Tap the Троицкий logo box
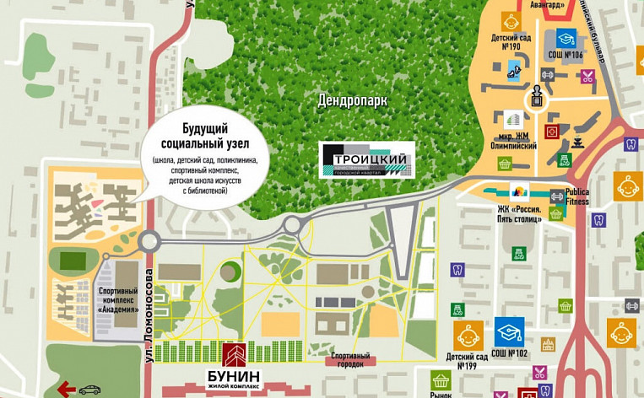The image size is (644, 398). pos(366,159)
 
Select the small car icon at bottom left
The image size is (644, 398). pos(89,390)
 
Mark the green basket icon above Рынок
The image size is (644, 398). pos(439,380)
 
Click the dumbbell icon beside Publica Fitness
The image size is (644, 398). pos(556,196)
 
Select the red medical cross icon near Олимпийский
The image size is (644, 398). pos(551,131)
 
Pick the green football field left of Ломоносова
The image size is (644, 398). pos(70,260)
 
